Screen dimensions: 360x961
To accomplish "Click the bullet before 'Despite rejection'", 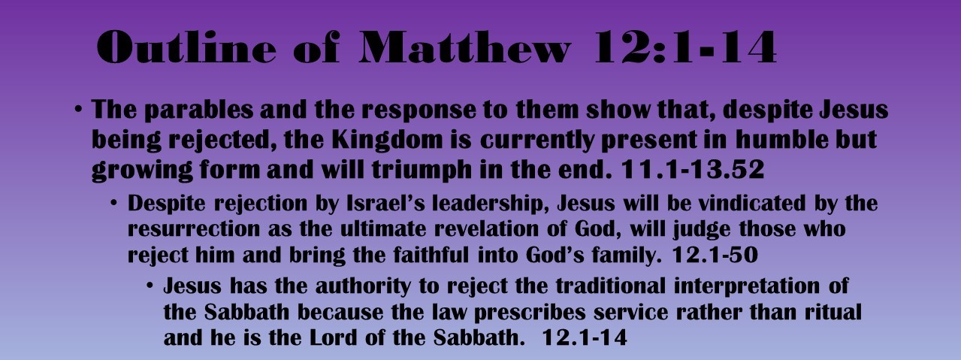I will click(114, 204).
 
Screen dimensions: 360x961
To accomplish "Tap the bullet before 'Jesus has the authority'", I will click(150, 287).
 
